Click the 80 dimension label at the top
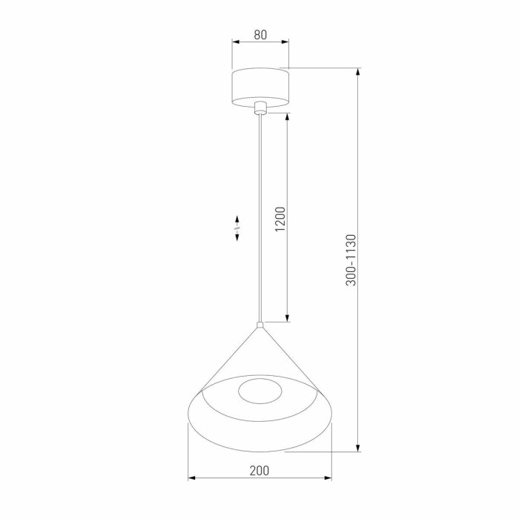(x=259, y=34)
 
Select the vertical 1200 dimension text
(x=280, y=218)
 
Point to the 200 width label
(x=259, y=470)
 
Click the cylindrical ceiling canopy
(x=259, y=87)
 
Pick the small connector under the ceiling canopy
(x=259, y=109)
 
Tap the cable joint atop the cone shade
(x=259, y=325)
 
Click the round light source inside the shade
(x=260, y=391)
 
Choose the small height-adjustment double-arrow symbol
(x=237, y=228)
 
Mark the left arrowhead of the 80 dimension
(x=235, y=42)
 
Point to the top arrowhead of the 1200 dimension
(x=287, y=117)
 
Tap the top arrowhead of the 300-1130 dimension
(x=360, y=73)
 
